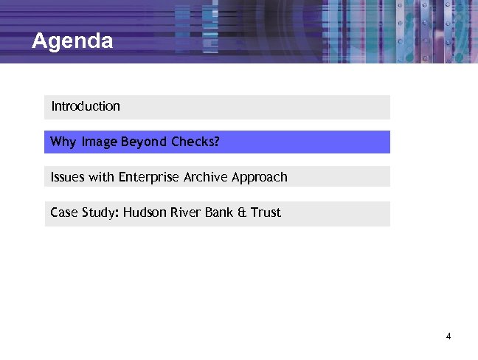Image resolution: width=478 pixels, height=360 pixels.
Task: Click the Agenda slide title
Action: point(72,41)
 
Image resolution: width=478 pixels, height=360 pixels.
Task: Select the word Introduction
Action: point(86,106)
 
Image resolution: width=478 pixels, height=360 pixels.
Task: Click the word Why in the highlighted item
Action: point(63,142)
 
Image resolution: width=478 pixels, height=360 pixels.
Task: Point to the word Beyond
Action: point(143,142)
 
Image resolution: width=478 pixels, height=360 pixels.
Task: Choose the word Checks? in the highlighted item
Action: point(195,142)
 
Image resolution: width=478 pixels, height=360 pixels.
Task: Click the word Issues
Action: point(68,177)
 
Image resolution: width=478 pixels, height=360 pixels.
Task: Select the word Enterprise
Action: point(148,177)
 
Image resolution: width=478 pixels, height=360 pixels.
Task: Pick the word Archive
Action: point(206,177)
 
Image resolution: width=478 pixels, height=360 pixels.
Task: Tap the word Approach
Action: point(260,177)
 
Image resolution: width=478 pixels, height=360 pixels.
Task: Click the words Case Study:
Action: point(84,213)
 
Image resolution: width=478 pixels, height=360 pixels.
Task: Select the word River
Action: point(184,213)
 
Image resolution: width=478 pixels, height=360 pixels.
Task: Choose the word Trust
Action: point(266,213)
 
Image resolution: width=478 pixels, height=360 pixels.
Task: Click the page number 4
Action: point(448,337)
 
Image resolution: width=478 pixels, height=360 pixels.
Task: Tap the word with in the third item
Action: point(102,177)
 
